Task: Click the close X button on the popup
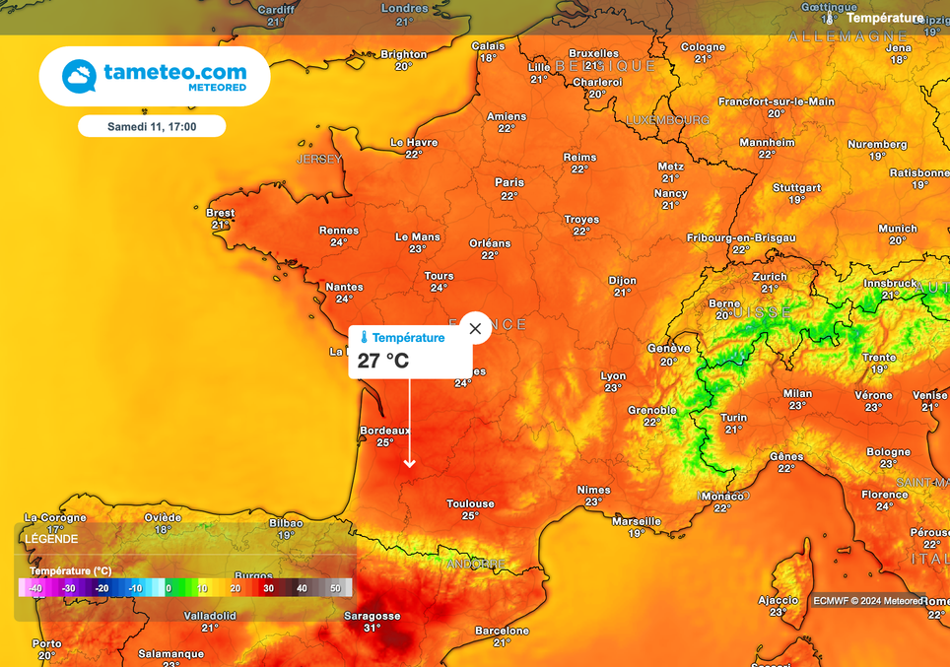tap(475, 328)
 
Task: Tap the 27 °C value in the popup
tap(383, 361)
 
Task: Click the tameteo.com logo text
tap(174, 72)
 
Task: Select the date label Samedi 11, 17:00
tap(152, 126)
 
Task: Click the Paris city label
tap(509, 182)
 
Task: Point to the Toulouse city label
tap(470, 503)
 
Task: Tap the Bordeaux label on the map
tap(384, 431)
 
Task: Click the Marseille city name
tap(636, 521)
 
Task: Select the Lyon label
tap(613, 375)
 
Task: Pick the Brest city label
tap(221, 213)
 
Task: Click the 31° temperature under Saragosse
tap(372, 628)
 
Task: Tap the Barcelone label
tap(502, 631)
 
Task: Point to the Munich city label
tap(897, 229)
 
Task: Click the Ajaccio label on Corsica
tap(778, 600)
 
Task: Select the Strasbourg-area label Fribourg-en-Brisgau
tap(740, 237)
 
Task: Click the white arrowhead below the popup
tap(410, 462)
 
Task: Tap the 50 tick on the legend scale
tap(335, 588)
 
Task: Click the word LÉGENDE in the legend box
tap(50, 539)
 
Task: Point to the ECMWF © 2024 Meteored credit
tap(868, 600)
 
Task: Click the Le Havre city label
tap(414, 142)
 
